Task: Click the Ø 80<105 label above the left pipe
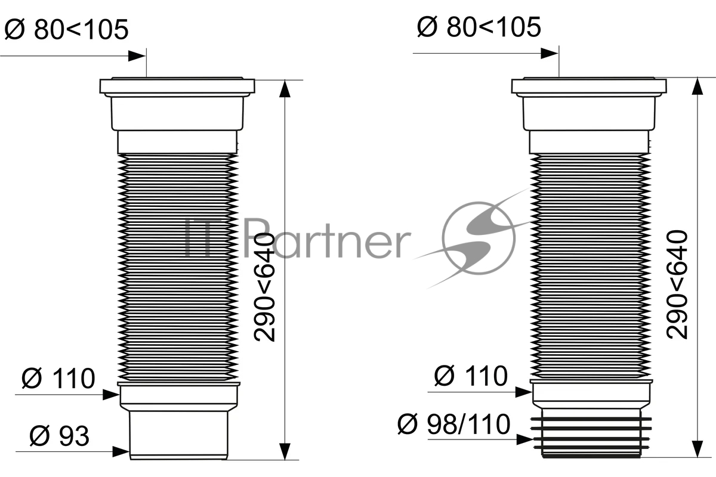coord(66,29)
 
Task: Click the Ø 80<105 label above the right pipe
coord(479,27)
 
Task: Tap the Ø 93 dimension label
coord(60,436)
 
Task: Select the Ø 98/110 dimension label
coord(453,424)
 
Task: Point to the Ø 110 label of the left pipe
coord(58,378)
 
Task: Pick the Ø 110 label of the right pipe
coord(471,376)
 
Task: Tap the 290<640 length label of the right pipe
coord(677,284)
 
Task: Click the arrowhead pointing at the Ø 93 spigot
coord(121,452)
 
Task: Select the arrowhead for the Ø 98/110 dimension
coord(525,439)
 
